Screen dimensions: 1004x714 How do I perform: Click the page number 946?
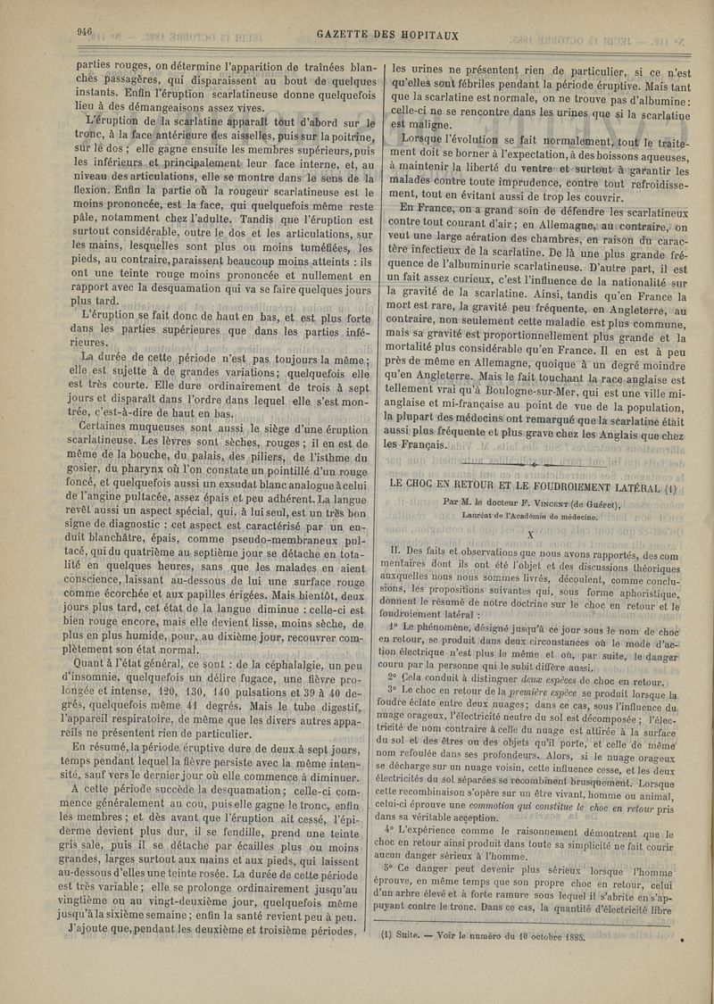[x=86, y=30]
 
